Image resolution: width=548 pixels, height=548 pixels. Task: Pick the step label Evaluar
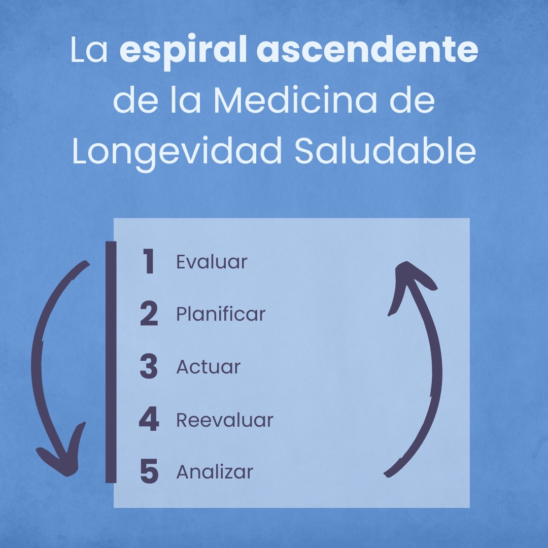[x=212, y=262]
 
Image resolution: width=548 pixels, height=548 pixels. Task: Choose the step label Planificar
[x=221, y=315]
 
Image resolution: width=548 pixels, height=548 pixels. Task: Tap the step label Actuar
[x=208, y=367]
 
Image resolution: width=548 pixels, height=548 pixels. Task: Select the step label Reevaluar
[x=225, y=420]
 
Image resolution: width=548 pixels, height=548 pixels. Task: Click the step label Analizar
[x=215, y=472]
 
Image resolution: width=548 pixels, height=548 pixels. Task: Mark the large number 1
[x=148, y=263]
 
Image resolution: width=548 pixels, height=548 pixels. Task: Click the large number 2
[x=149, y=315]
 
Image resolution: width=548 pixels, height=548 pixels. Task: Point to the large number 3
[x=149, y=367]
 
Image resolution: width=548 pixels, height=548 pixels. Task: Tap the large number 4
[x=149, y=420]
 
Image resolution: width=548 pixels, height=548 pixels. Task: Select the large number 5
[x=149, y=472]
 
